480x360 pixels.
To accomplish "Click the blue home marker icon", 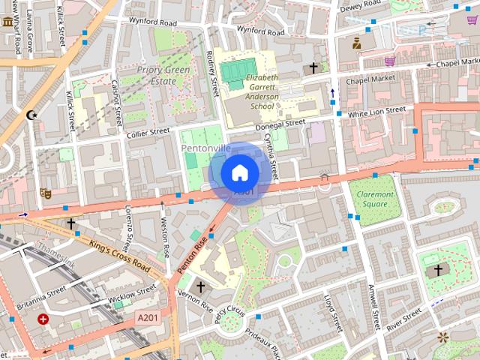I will click(x=239, y=172).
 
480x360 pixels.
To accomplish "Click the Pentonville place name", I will click(x=205, y=148).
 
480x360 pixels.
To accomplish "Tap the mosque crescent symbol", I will click(x=31, y=115).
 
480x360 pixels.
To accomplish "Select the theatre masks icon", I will click(x=45, y=193).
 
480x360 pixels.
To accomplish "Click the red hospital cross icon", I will click(x=43, y=319).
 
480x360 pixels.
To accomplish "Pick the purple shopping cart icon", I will click(x=389, y=61).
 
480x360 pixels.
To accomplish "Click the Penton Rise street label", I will click(x=190, y=255).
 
